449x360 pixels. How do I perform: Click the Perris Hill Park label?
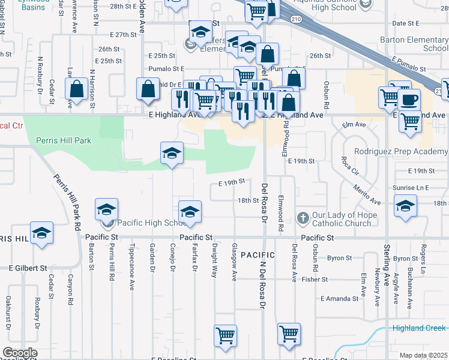coord(63,140)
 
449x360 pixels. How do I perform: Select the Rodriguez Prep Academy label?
coord(401,152)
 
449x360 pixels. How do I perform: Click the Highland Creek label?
coord(419,328)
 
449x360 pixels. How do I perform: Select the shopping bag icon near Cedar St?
coord(77,90)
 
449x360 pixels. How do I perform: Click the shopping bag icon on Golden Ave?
coord(148,90)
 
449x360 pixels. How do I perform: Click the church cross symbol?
coord(303,216)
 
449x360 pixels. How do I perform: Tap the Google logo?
coord(20,353)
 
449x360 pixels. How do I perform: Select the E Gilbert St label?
coord(28,268)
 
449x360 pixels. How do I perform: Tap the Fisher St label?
coord(315,279)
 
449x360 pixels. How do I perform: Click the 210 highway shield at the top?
coord(297,19)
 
